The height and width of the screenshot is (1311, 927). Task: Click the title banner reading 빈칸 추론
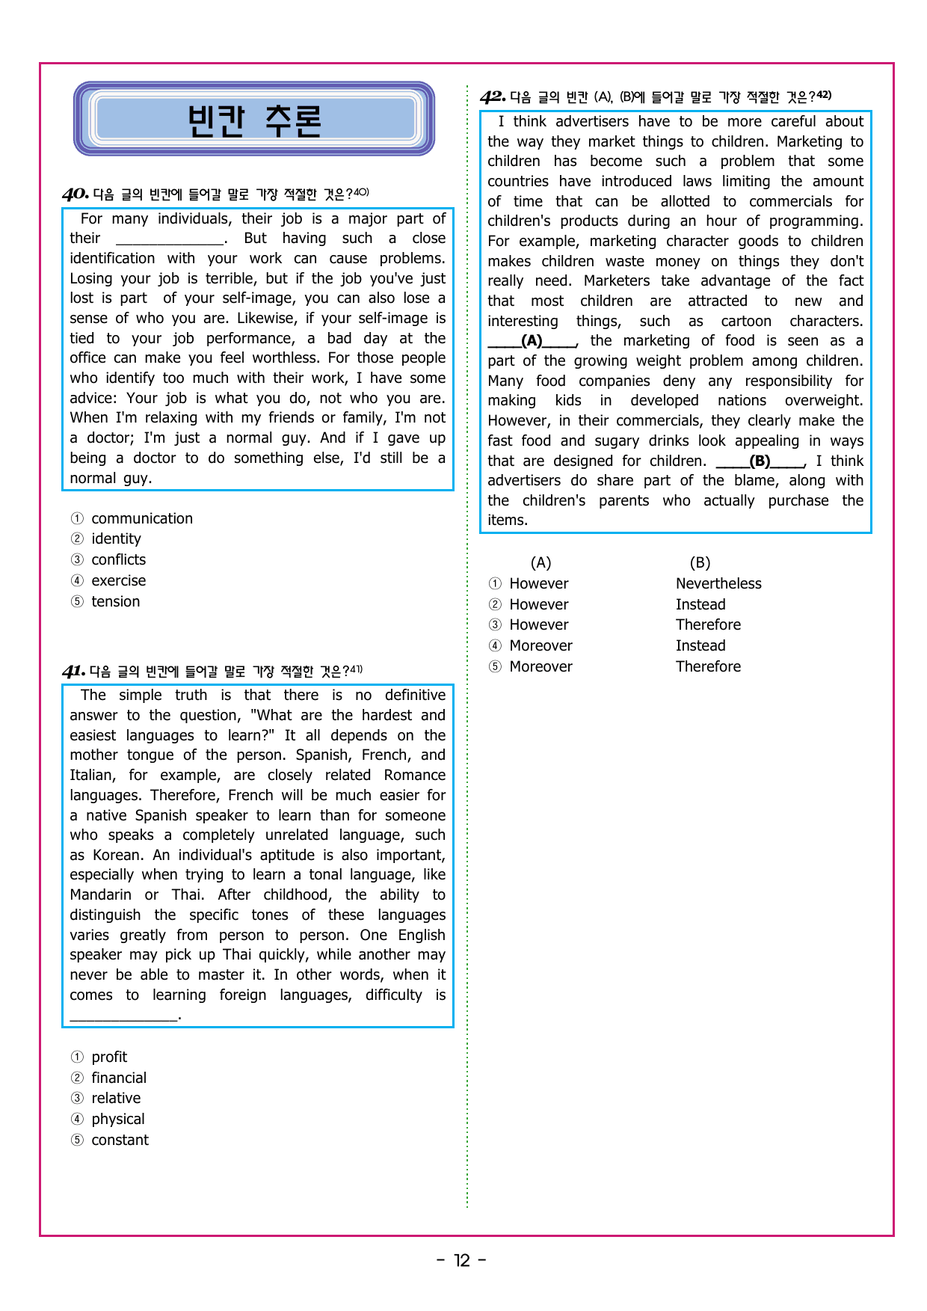tap(254, 120)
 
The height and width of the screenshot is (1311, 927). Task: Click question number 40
tap(76, 194)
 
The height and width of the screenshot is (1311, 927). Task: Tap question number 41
tap(73, 671)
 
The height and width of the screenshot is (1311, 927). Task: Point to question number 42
tap(493, 96)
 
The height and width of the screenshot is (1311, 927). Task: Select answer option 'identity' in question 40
tap(116, 539)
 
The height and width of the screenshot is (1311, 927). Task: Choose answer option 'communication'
tap(141, 519)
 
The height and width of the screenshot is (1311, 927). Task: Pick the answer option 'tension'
tap(115, 602)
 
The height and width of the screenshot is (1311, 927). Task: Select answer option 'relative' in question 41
tap(116, 1099)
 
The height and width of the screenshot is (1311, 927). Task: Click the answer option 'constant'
tap(120, 1140)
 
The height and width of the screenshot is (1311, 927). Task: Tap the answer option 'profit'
tap(109, 1057)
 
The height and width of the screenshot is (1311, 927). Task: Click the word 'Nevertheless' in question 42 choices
tap(718, 584)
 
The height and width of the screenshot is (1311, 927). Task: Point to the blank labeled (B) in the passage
tap(760, 461)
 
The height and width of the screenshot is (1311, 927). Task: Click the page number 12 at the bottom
tap(462, 1261)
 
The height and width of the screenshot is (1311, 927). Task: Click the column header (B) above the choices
tap(700, 563)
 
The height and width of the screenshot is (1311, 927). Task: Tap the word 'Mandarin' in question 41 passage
tap(100, 895)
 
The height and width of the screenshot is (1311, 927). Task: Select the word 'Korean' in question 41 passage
tap(117, 856)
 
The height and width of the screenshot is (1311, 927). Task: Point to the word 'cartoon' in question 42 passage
tap(746, 322)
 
